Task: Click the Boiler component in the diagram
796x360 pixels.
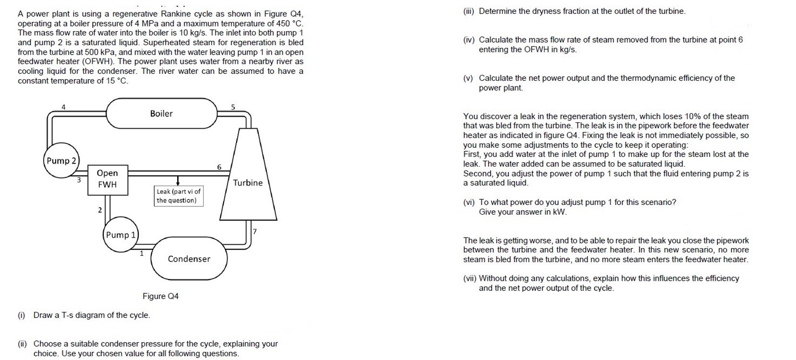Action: [x=161, y=114]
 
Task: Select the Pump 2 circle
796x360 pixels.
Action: [x=61, y=161]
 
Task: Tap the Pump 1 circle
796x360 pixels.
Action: [x=121, y=235]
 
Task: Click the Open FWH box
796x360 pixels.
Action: [x=108, y=179]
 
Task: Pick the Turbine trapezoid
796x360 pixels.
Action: [x=248, y=182]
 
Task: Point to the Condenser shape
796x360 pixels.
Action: [x=189, y=259]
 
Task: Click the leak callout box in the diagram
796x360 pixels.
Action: [x=179, y=196]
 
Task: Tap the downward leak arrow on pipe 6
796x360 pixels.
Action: [x=178, y=180]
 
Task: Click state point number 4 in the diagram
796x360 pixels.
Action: [x=63, y=107]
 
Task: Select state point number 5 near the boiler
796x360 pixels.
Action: [x=233, y=107]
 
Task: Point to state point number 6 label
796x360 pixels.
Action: [x=219, y=167]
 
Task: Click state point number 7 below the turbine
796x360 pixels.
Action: [x=255, y=231]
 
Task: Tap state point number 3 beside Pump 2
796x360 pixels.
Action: [x=79, y=180]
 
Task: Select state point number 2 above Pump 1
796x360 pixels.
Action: [x=100, y=210]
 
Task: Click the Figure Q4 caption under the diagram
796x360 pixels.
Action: [x=160, y=296]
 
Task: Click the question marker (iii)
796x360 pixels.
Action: [x=468, y=11]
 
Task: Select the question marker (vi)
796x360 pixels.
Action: [x=469, y=202]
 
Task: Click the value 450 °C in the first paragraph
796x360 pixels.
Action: [x=287, y=24]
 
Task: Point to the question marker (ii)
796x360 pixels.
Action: [x=22, y=344]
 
